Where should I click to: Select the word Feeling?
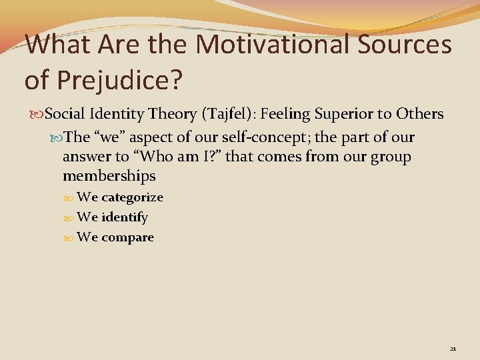tap(287, 114)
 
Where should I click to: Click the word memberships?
tap(109, 176)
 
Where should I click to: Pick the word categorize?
tap(132, 197)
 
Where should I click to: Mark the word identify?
tap(125, 217)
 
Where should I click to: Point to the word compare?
tap(127, 237)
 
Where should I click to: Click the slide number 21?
tap(453, 349)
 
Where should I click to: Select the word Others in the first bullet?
tap(419, 114)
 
